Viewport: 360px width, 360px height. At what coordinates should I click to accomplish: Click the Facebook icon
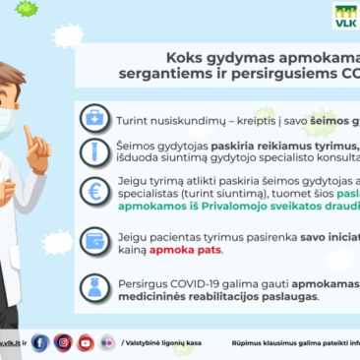click(40, 342)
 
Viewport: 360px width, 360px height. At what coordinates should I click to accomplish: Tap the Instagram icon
click(63, 342)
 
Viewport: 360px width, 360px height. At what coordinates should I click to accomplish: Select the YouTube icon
click(86, 342)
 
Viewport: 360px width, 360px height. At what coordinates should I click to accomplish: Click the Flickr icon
click(107, 342)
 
